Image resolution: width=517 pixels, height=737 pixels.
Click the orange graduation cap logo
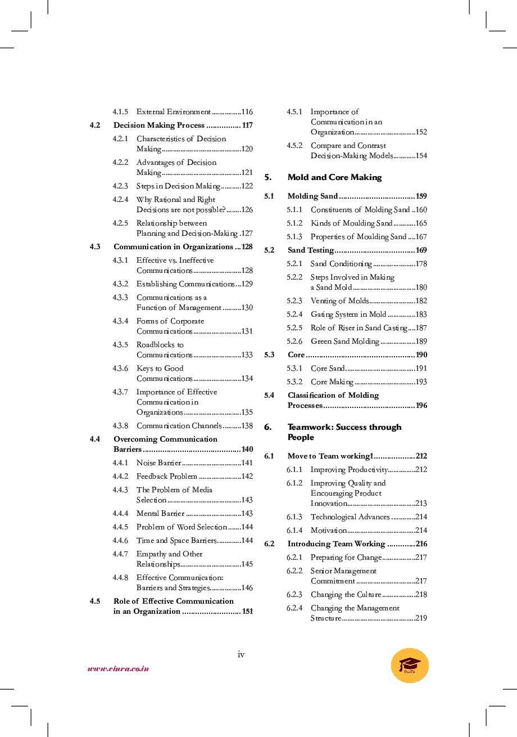coord(410,666)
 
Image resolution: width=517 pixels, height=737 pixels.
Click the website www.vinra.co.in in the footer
coord(118,669)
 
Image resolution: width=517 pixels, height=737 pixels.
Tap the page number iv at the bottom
coord(241,654)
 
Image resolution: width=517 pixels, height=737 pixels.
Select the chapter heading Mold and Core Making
coord(334,177)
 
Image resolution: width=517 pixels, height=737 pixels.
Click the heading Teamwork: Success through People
coord(344,432)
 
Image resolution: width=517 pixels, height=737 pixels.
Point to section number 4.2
coord(95,125)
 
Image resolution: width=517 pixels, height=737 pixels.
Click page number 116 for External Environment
coord(247,112)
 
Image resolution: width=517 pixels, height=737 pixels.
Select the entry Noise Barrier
coord(158,463)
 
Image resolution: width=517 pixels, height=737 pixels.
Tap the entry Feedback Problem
coord(167,477)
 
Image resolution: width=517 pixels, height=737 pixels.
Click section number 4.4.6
coord(120,541)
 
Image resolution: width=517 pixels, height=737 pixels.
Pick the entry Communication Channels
coord(179,426)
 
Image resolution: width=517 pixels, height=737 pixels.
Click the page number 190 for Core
coord(421,355)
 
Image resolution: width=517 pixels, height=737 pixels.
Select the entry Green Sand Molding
coord(344,341)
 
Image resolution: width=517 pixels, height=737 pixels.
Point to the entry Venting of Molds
coord(339,301)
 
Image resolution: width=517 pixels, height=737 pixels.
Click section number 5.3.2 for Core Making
coord(294,382)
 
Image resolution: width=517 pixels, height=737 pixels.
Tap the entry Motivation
coord(328,531)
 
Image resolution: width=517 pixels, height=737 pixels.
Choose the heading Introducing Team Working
coord(336,544)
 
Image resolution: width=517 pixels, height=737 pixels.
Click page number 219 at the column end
coord(421,618)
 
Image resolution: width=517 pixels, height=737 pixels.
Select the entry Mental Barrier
coord(160,514)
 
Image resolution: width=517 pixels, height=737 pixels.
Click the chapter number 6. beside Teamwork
coord(268,427)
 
